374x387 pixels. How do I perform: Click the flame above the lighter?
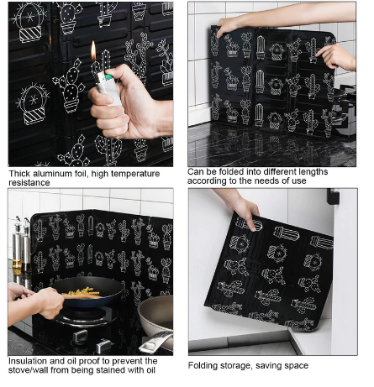coord(93,50)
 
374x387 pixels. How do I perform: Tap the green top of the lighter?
coord(108,76)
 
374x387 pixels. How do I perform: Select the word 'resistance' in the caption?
coord(29,183)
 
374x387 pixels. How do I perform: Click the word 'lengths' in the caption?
coord(313,171)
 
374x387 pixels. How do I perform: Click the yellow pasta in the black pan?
coord(82,292)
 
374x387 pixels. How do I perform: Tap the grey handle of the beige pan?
coord(155,341)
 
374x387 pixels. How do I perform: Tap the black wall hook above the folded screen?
coord(333,196)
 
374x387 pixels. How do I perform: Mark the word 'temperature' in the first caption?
coord(133,174)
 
